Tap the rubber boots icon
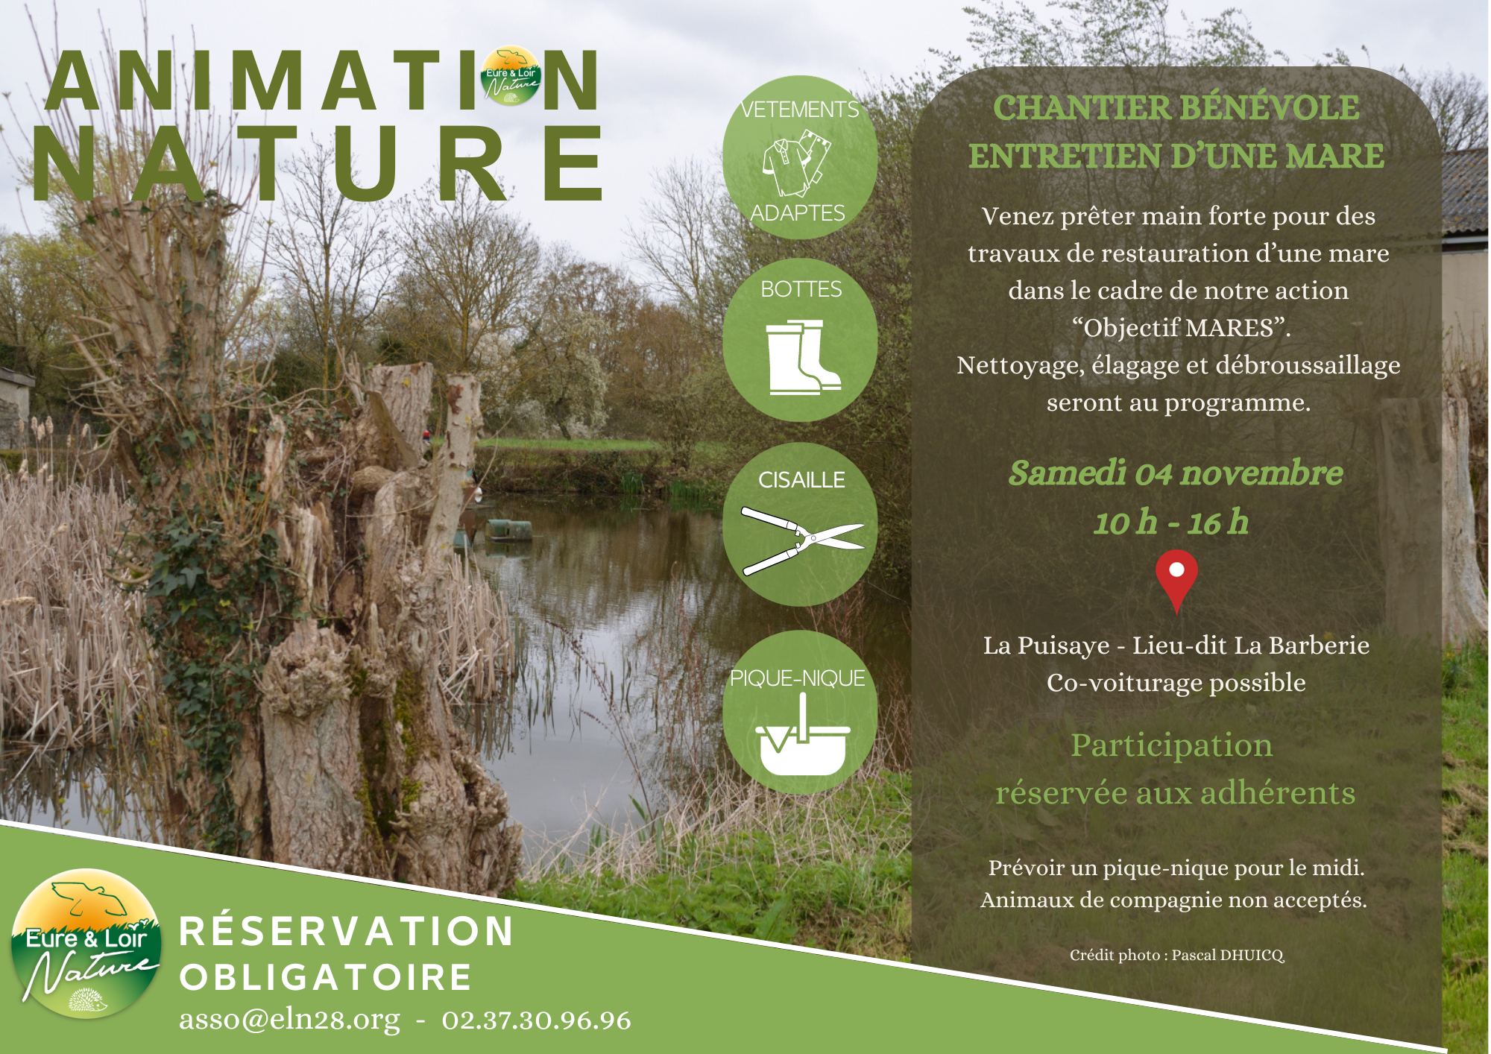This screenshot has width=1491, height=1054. tap(802, 357)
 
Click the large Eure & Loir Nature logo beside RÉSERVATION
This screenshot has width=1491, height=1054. tap(86, 944)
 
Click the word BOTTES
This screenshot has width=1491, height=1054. tap(801, 289)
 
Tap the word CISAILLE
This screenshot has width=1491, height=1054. tap(801, 480)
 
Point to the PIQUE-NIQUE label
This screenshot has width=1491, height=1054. tap(797, 678)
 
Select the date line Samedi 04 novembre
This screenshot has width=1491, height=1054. tap(1176, 473)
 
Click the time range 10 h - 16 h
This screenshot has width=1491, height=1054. tap(1170, 523)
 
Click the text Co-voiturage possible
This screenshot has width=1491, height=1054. tap(1176, 683)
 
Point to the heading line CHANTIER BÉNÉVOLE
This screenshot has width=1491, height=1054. tap(1176, 108)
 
